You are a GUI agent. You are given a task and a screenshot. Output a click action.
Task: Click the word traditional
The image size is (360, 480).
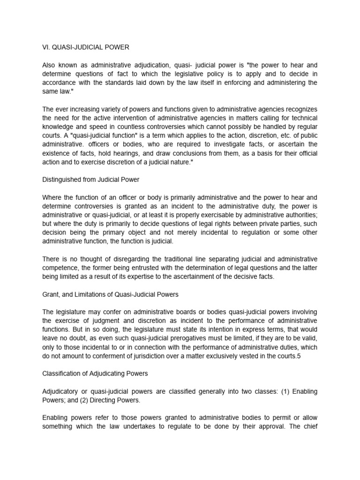(x=172, y=259)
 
